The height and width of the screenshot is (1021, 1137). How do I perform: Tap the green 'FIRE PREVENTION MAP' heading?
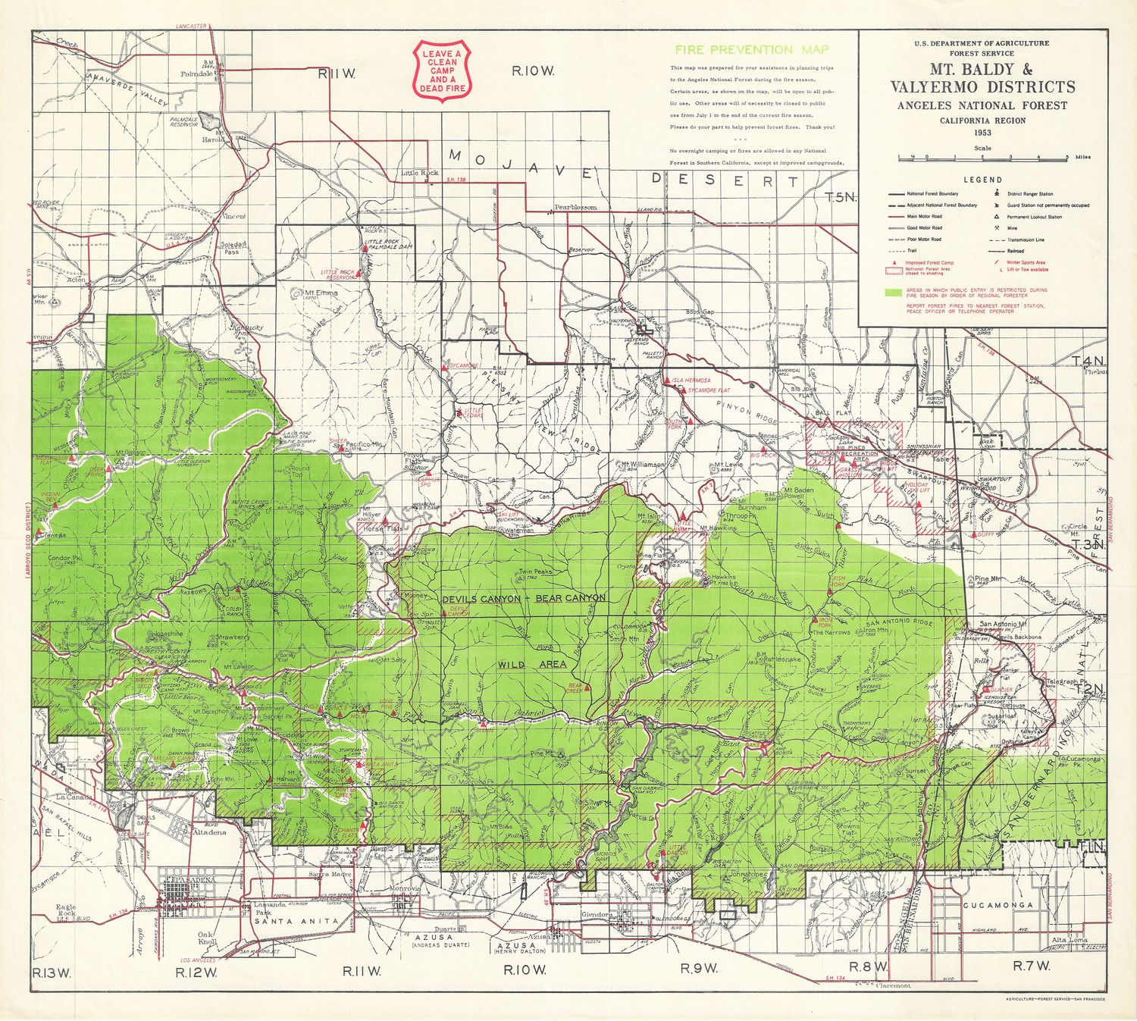(x=752, y=50)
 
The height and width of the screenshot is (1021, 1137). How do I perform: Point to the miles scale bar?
(x=982, y=158)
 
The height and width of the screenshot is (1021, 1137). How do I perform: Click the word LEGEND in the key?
(x=982, y=180)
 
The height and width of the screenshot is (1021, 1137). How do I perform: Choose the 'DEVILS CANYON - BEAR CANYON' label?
(x=523, y=598)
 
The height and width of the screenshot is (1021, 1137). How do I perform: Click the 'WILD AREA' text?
(x=532, y=665)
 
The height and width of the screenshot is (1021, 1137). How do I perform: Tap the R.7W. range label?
(x=1032, y=966)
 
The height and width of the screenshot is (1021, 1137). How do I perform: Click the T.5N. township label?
(x=840, y=197)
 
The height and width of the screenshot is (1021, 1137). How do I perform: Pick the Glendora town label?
(x=596, y=914)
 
